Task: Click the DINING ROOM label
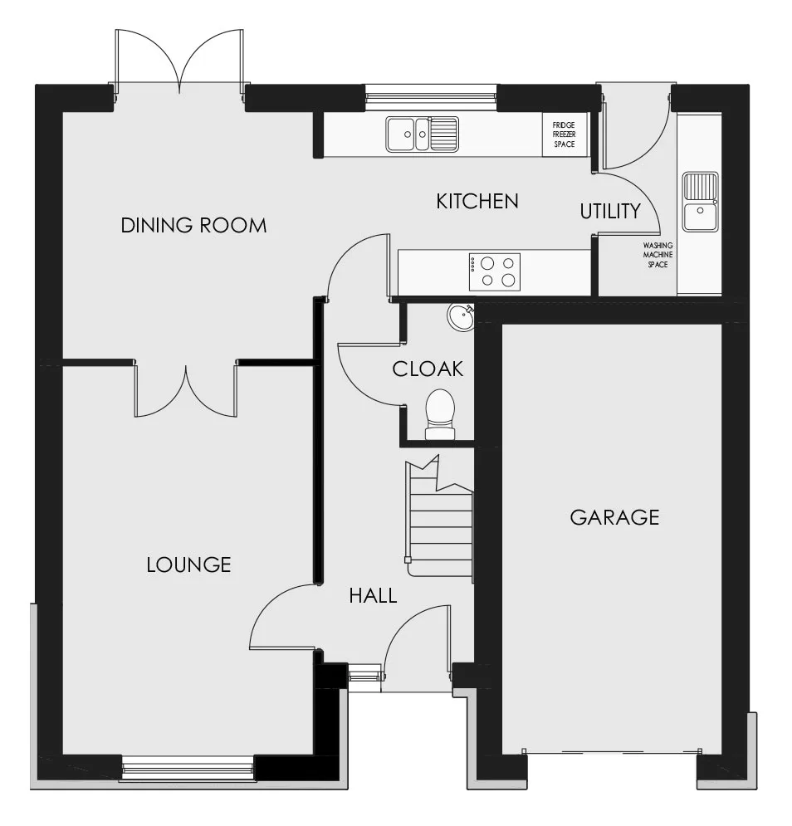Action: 193,226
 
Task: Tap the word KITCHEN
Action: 477,201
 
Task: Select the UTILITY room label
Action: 610,211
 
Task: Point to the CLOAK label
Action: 428,369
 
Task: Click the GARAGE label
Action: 614,517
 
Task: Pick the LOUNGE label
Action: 188,565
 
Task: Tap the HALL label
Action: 373,596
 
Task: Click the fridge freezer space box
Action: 565,134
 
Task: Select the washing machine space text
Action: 658,255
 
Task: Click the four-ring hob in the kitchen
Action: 495,271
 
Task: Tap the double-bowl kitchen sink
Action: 422,134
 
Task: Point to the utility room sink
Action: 701,201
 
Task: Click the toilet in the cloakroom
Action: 440,414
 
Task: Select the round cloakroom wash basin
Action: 461,318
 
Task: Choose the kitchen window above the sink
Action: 431,97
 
